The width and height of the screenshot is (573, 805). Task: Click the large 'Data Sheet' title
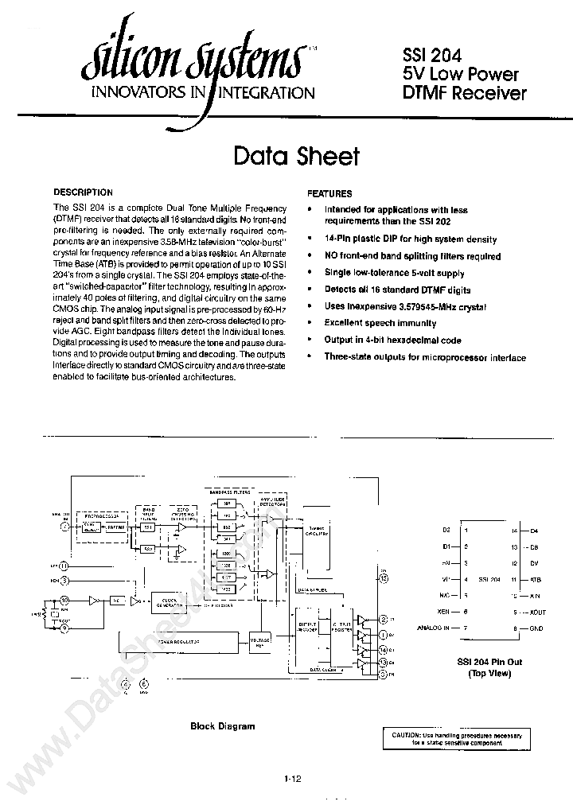click(296, 156)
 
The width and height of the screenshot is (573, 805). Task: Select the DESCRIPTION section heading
click(83, 192)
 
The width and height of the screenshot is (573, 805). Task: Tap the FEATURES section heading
click(329, 193)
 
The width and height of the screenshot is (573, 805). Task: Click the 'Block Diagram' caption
click(223, 726)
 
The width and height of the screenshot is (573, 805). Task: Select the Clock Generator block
click(168, 603)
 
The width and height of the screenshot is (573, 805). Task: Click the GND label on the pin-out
click(535, 628)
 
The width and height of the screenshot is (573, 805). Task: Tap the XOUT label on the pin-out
click(537, 612)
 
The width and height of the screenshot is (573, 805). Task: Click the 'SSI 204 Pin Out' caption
click(489, 661)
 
